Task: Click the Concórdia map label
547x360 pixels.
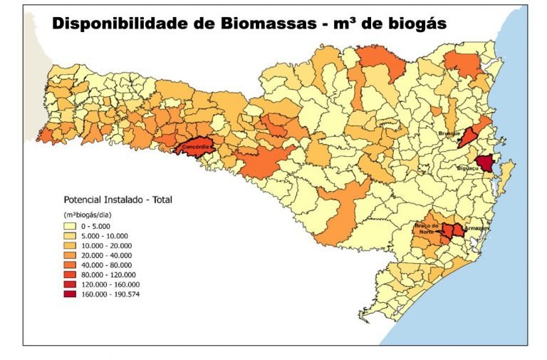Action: tap(194, 148)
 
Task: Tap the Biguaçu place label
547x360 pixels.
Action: tap(468, 169)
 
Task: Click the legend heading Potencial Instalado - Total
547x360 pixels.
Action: tap(118, 200)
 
